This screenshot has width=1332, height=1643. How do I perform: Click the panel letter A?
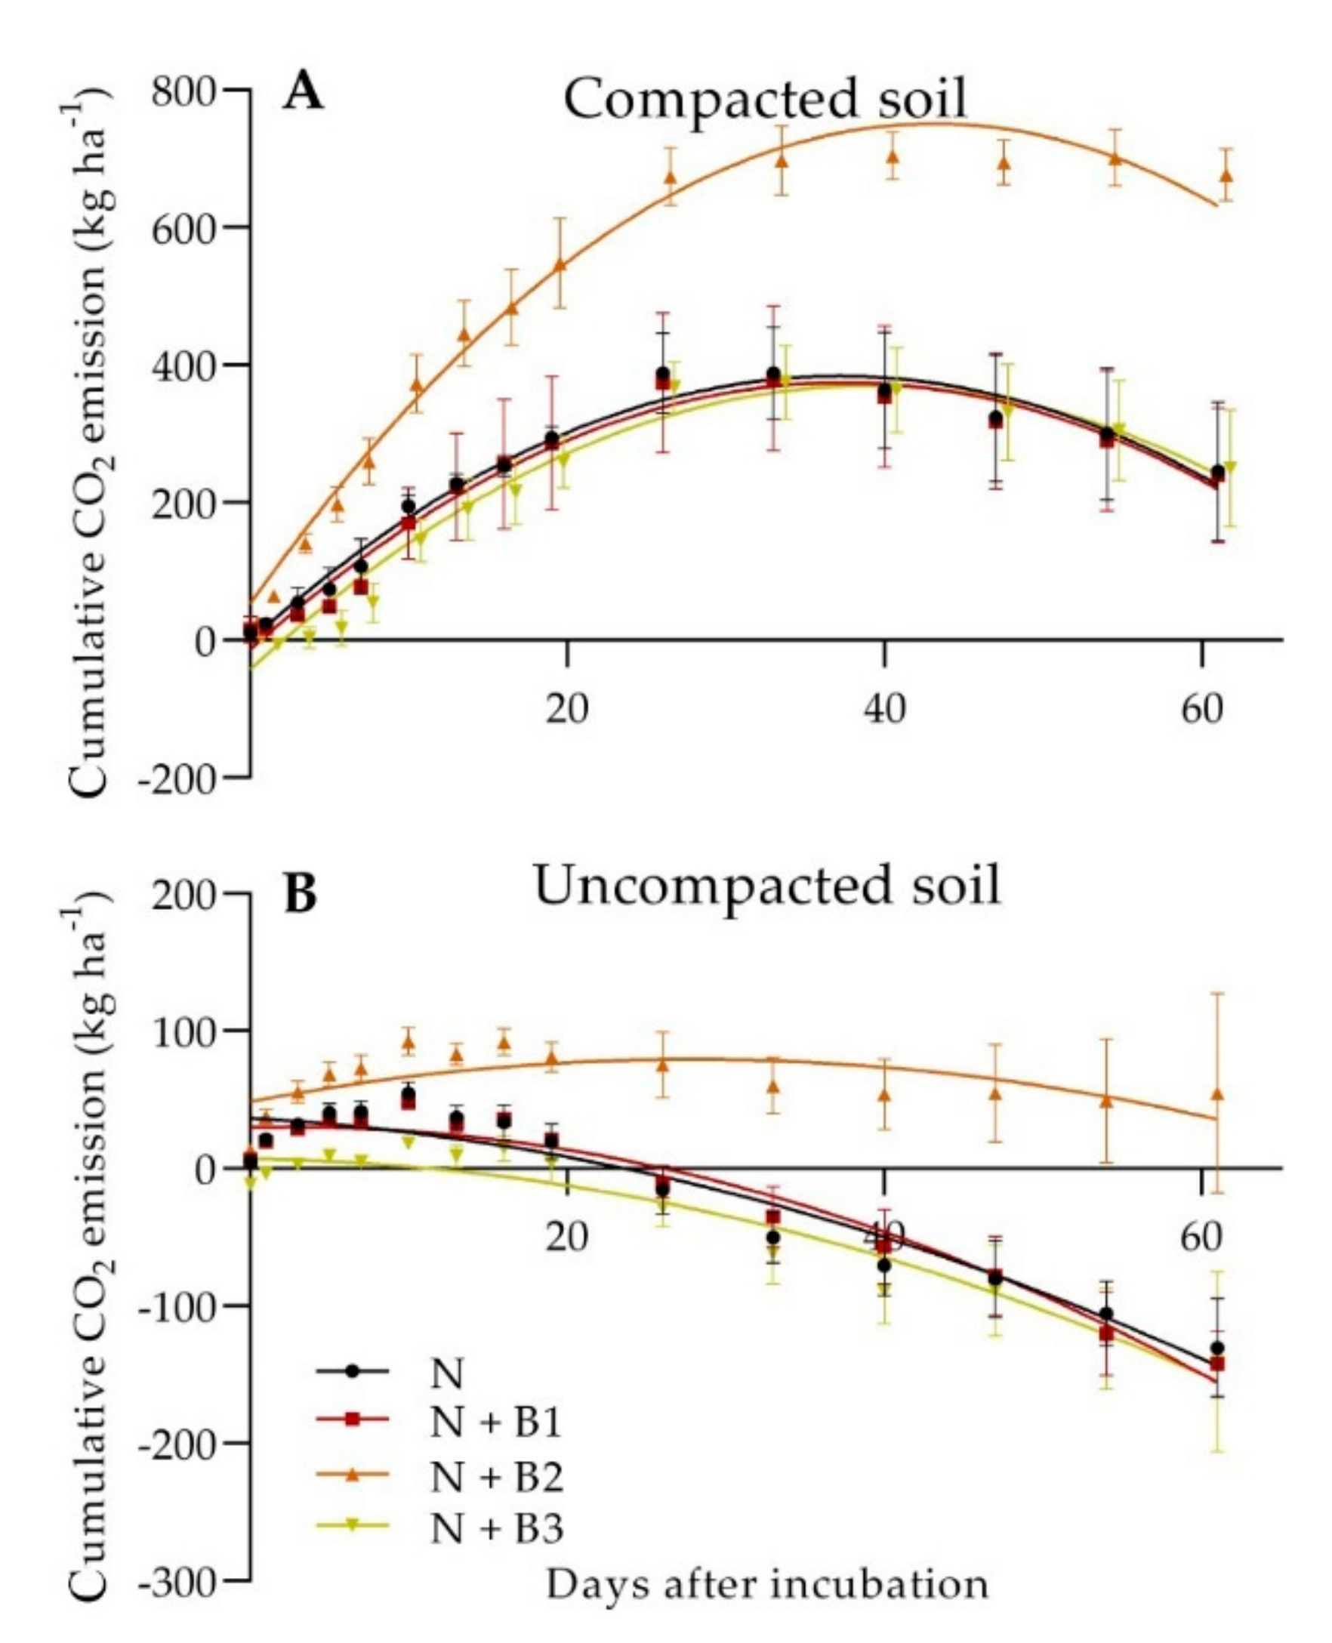point(303,94)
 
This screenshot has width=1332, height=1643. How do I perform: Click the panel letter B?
point(300,895)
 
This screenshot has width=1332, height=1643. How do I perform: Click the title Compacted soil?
point(765,100)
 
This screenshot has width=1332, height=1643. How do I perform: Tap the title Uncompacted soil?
point(766,886)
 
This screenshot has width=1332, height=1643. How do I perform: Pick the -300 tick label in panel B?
point(177,1582)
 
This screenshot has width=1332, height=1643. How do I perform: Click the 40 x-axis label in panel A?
point(884,710)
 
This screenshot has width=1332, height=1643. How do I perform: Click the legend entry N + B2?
point(496,1477)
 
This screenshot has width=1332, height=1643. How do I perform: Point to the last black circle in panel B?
point(1217,1348)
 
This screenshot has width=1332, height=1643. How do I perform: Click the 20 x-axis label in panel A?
point(566,710)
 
